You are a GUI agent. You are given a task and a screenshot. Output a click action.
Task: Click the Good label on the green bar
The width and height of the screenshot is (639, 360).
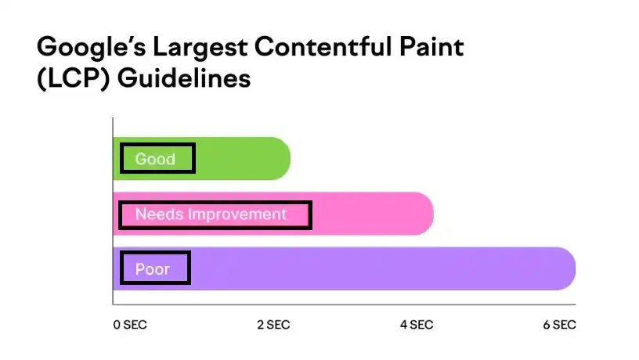pos(155,159)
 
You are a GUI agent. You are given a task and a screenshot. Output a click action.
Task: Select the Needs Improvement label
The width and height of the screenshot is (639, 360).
pos(211,214)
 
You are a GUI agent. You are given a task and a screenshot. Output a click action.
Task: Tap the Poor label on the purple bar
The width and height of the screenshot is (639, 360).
pos(152,269)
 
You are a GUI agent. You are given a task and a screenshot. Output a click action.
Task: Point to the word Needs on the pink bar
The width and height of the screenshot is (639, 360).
pos(155,214)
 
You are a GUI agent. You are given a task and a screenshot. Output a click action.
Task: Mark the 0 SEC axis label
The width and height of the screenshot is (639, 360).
pos(130,325)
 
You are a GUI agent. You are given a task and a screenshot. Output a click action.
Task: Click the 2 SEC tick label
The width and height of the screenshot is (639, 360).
pos(274,325)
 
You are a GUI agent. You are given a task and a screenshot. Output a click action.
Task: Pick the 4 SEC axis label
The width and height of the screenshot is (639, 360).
pos(417,325)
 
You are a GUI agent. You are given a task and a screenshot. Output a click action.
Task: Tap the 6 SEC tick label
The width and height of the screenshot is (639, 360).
pos(559,325)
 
